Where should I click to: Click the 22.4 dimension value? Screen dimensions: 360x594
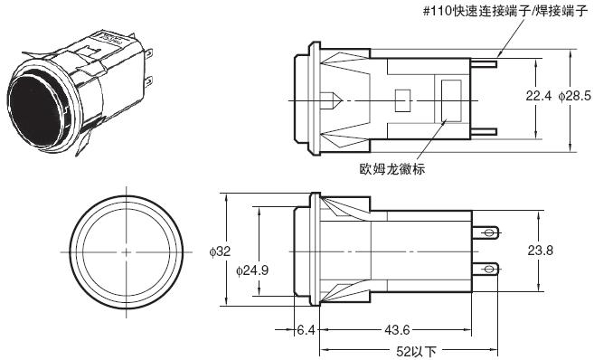pyautogui.click(x=539, y=95)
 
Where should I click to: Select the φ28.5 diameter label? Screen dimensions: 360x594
pyautogui.click(x=574, y=95)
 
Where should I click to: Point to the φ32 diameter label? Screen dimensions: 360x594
pyautogui.click(x=220, y=251)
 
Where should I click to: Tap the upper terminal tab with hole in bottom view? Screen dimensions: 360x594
pyautogui.click(x=489, y=233)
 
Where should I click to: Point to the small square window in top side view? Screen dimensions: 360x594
pyautogui.click(x=404, y=98)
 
